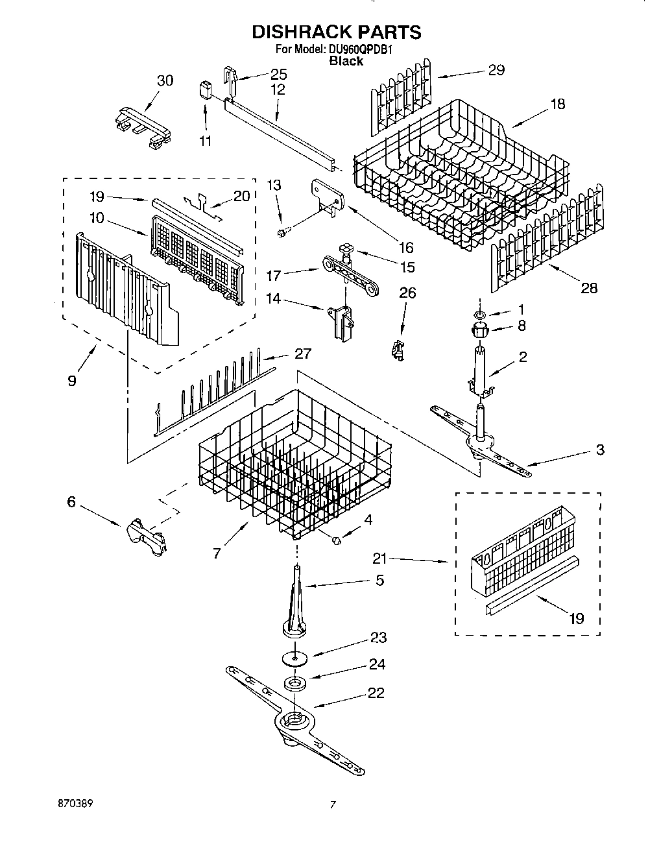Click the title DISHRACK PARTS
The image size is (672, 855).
point(336,32)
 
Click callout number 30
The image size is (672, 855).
point(165,80)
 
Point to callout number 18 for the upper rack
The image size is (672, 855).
point(557,104)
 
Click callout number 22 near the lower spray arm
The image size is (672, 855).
point(376,693)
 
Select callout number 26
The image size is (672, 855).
point(407,293)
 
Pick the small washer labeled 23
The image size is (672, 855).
point(296,658)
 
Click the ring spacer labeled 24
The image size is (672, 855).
point(296,684)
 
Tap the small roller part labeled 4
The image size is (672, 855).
point(337,540)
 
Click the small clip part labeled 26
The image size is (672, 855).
point(397,350)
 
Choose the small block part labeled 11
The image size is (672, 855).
point(206,90)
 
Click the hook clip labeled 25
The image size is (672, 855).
point(230,77)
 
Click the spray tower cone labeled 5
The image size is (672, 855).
point(296,597)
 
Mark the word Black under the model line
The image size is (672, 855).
point(346,61)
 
